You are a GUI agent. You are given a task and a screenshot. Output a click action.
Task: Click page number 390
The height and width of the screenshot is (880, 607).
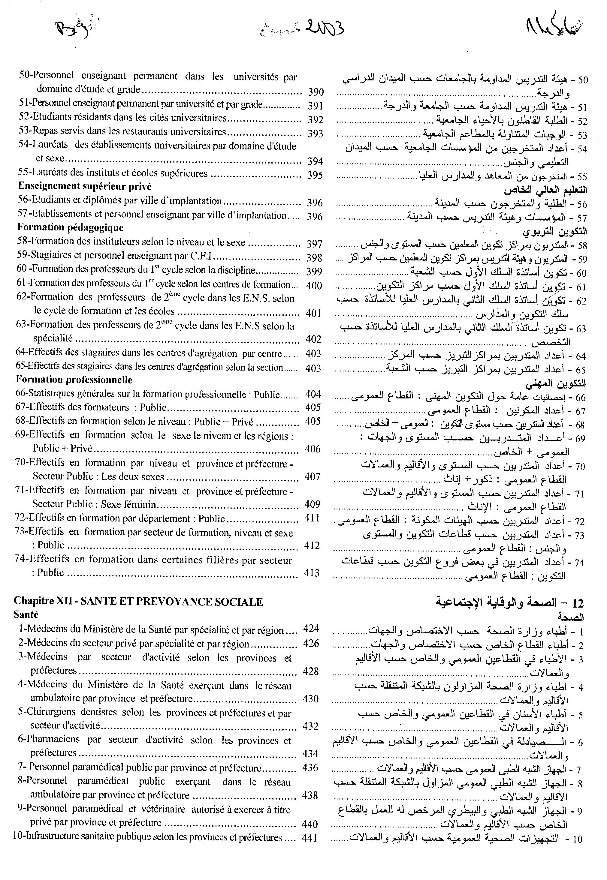315,92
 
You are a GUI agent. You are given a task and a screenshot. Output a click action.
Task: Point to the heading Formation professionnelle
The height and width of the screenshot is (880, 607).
74,380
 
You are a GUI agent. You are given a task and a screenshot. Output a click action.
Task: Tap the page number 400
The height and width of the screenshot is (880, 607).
314,285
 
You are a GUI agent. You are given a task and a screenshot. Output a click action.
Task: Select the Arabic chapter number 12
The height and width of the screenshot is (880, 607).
577,603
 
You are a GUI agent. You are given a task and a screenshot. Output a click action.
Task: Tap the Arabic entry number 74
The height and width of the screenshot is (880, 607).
579,563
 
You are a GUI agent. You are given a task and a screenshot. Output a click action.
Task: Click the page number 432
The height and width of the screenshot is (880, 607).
310,726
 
